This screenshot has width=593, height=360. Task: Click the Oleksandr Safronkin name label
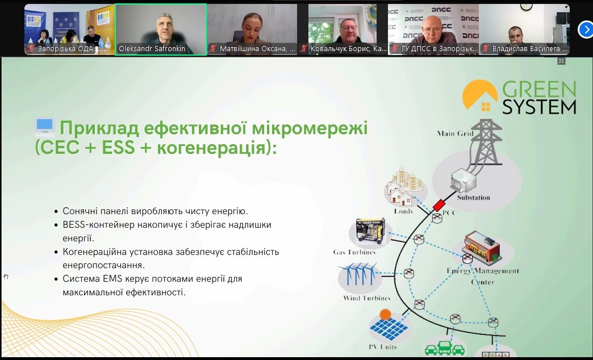click(152, 49)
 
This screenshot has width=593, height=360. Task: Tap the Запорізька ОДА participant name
click(65, 49)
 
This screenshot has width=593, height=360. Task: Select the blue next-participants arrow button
click(586, 30)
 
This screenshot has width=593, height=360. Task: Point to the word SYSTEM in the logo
click(539, 107)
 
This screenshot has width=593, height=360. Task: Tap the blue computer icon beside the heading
click(45, 127)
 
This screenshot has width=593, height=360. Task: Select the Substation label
click(474, 198)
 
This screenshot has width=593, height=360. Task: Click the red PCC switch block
click(439, 205)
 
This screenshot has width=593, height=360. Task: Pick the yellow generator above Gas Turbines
click(370, 231)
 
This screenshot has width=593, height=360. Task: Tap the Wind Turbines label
click(366, 298)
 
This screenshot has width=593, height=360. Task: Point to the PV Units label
click(383, 346)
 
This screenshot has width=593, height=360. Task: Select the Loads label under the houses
click(403, 211)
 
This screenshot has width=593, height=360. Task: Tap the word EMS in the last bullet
click(111, 279)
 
